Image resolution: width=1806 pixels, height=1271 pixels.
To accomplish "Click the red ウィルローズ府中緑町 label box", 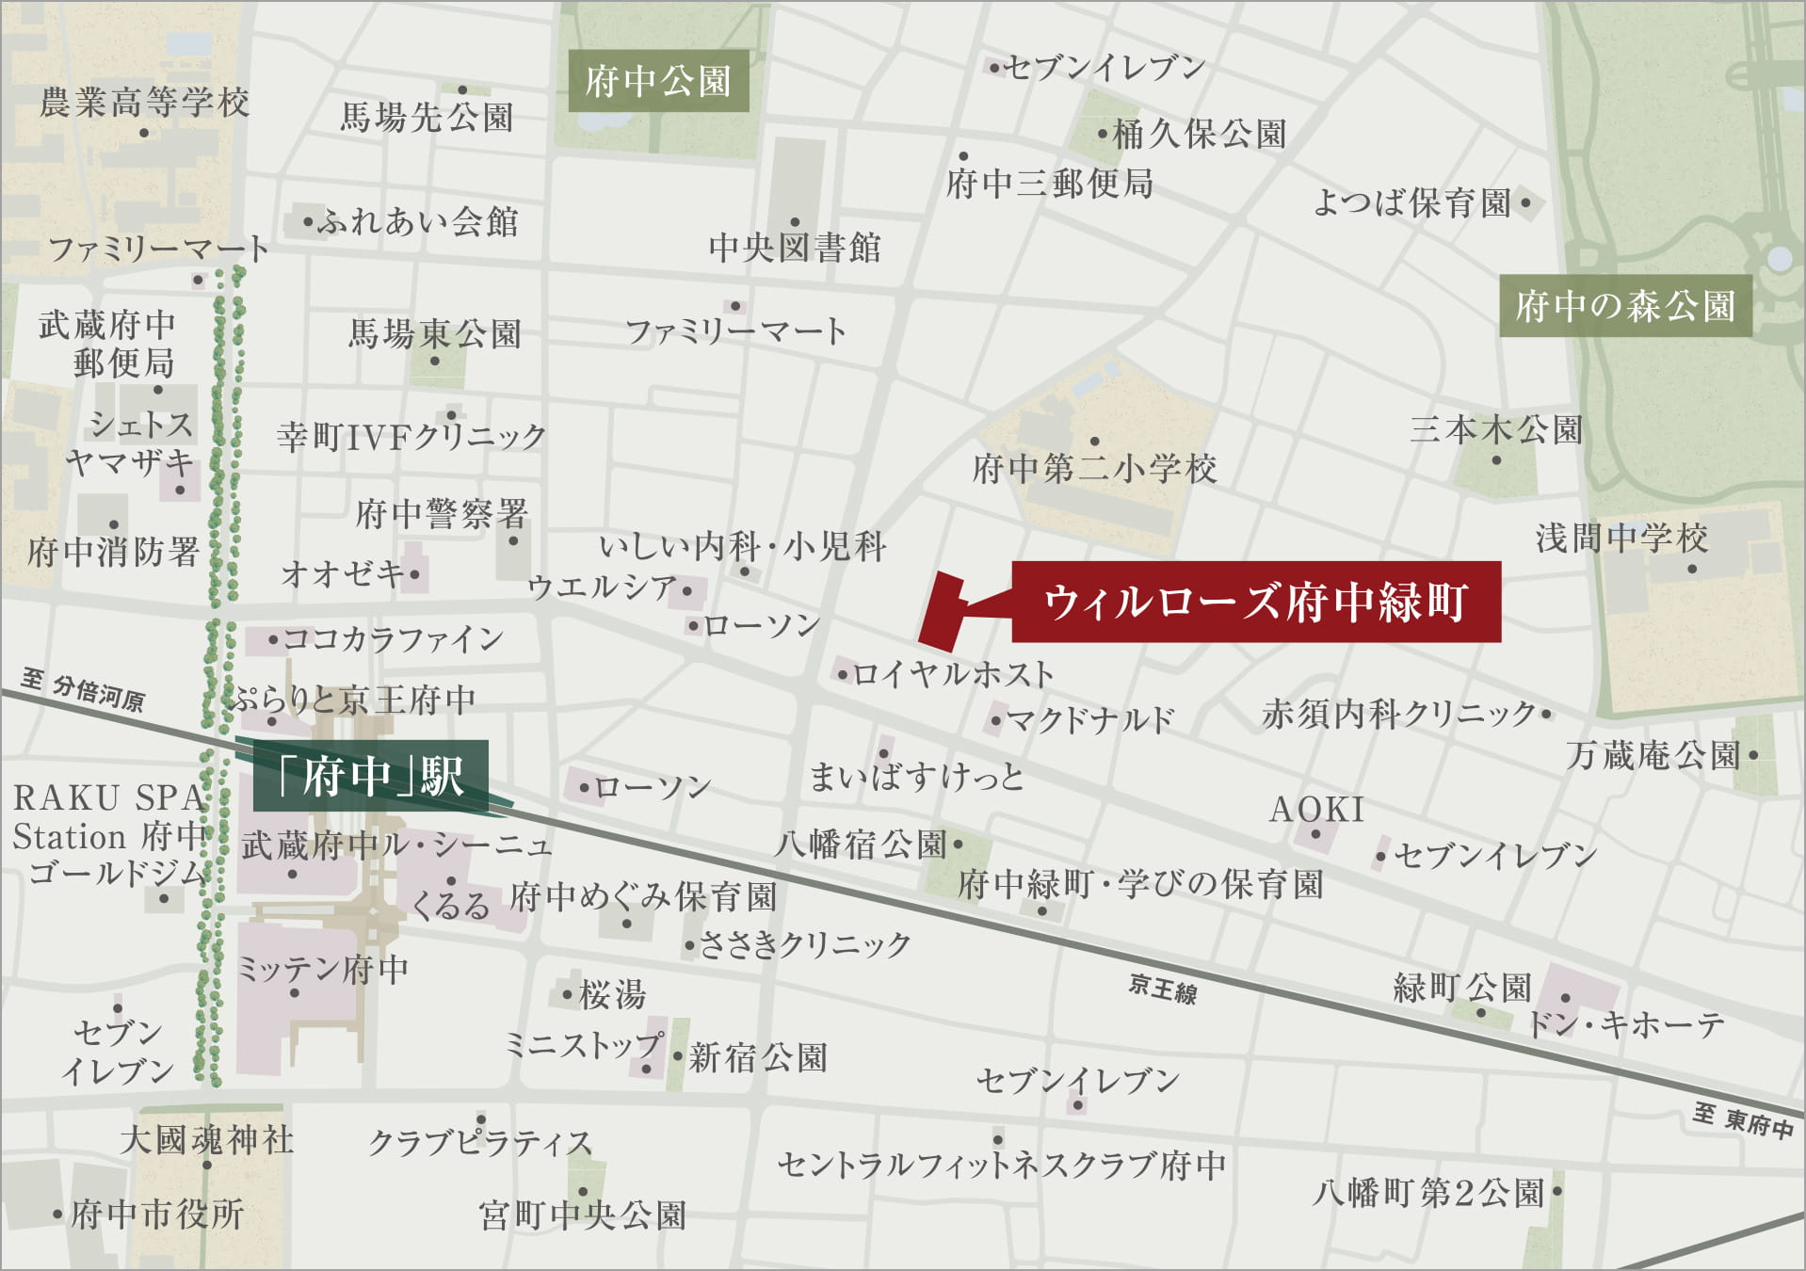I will (x=1255, y=602).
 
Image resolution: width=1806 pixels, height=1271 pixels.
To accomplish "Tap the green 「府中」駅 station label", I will (x=371, y=776).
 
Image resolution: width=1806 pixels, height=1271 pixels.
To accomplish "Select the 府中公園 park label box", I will (x=658, y=81).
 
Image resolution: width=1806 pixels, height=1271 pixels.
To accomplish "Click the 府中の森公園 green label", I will (x=1625, y=306).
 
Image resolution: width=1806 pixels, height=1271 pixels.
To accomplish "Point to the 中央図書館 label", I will (x=795, y=248).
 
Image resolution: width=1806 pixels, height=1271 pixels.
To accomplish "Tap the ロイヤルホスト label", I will (x=953, y=674).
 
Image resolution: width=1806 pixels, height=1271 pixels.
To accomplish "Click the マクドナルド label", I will (x=1090, y=721).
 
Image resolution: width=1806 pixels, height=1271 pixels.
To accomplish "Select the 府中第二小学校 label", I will (x=1094, y=469).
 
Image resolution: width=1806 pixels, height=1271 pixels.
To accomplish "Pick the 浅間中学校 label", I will (x=1621, y=539).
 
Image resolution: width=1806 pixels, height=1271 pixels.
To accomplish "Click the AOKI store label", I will (x=1316, y=810).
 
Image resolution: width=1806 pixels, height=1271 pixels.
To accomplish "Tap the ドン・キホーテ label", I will (x=1625, y=1024).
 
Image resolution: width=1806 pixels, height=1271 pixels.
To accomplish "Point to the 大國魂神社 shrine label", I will (x=207, y=1140).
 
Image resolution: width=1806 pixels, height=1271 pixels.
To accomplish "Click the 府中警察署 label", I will (x=442, y=514).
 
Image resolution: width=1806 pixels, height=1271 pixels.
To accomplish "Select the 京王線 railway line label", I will (x=1163, y=989).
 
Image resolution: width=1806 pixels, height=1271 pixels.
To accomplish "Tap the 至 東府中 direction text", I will (x=1742, y=1120).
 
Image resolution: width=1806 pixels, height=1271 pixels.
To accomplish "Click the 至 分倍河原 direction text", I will (x=83, y=689).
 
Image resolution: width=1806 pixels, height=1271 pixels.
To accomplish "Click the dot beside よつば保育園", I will (x=1525, y=202).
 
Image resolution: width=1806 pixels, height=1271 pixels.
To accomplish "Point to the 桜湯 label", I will (x=612, y=994).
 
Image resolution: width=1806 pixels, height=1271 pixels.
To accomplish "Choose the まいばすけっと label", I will (x=916, y=778).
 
